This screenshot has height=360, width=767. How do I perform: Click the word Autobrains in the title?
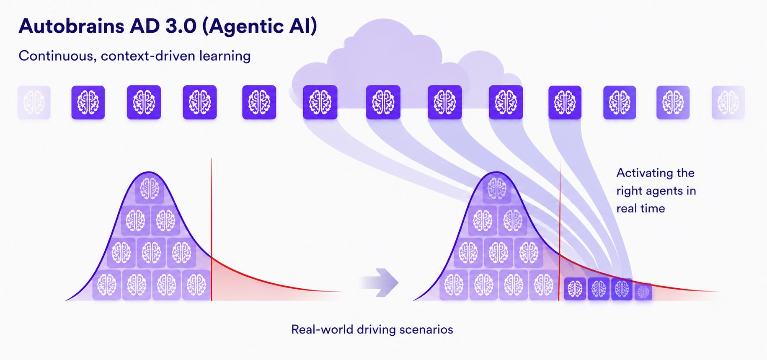point(72,26)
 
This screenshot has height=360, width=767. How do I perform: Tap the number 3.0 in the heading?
point(181,26)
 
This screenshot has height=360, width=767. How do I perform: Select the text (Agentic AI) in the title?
point(260,26)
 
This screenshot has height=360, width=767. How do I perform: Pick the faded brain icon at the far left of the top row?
point(34,103)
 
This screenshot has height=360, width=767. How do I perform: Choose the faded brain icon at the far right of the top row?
point(728,103)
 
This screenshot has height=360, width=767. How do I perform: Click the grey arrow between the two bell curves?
point(379,282)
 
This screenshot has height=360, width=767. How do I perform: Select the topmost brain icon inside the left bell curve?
point(150,189)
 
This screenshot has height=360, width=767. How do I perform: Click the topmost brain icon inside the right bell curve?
point(497,189)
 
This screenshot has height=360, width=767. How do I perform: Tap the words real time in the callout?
point(640,209)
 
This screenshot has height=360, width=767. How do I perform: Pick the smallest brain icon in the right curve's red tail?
point(643,292)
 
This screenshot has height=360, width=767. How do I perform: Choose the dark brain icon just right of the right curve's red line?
point(575,289)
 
